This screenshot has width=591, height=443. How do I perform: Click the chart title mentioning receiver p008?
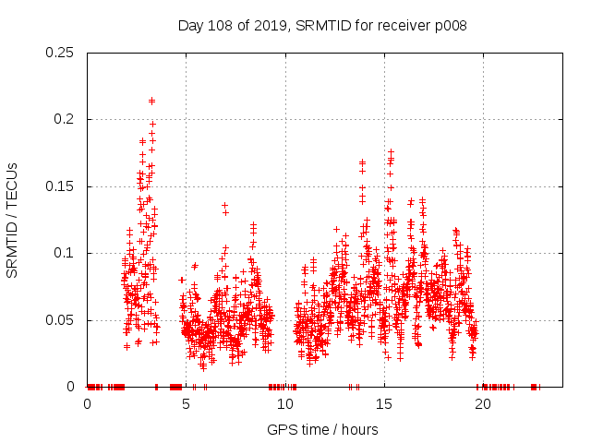point(321,26)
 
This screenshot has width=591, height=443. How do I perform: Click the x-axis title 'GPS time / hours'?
point(321,429)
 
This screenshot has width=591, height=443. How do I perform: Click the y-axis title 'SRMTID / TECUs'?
point(12,220)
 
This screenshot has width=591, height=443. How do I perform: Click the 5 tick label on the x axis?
point(187,404)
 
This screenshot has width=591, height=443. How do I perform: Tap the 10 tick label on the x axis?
point(285,404)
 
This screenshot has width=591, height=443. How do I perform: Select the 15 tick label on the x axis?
point(384,404)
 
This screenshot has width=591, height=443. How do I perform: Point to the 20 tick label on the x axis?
point(483,404)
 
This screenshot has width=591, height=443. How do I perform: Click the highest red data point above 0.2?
point(151,101)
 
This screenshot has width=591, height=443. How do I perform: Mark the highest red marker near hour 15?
point(391,151)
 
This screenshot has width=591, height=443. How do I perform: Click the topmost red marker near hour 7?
point(224,205)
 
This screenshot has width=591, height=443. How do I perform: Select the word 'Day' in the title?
point(191,26)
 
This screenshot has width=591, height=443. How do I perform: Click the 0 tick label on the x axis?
point(88,404)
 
